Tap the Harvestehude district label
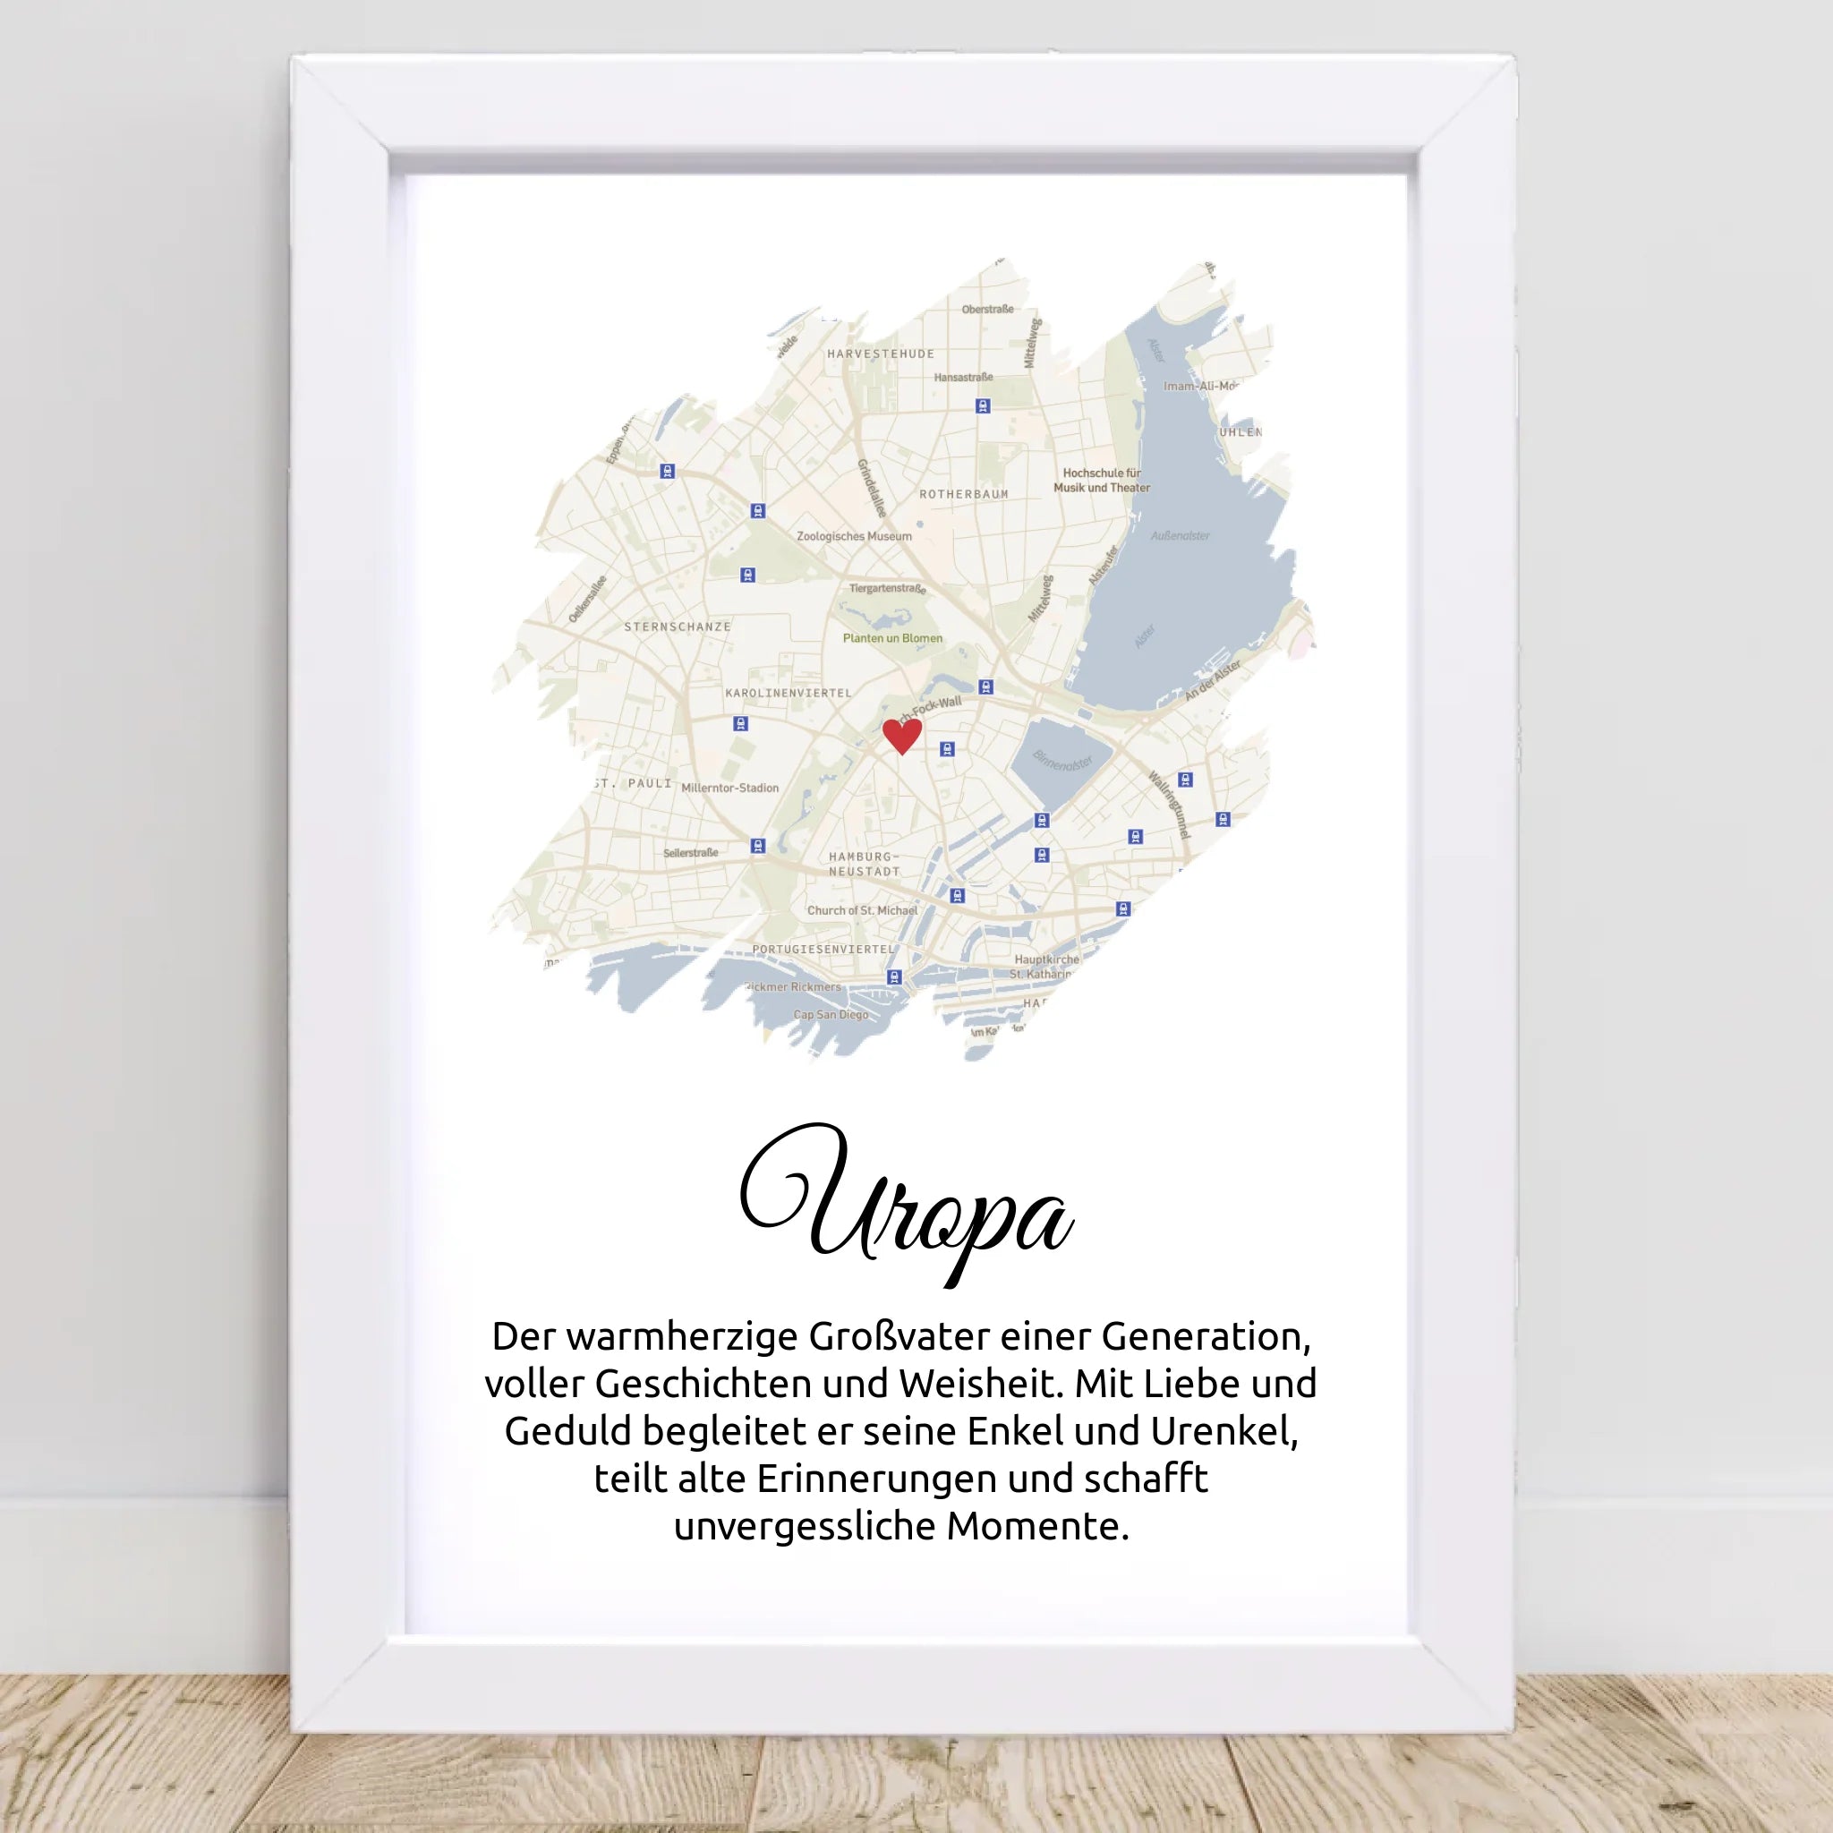coord(881,354)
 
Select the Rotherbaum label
coord(963,494)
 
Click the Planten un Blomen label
coord(892,638)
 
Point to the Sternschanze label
coord(678,627)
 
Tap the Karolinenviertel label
coord(789,694)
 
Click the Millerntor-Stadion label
coord(729,789)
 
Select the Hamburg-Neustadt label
coord(865,865)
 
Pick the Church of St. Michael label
coord(863,911)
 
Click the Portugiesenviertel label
coord(823,949)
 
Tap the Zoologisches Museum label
coord(854,537)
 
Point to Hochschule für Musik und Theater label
coord(1102,480)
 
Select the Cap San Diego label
coord(831,1015)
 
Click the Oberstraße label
coord(988,310)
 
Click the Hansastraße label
coord(963,378)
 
